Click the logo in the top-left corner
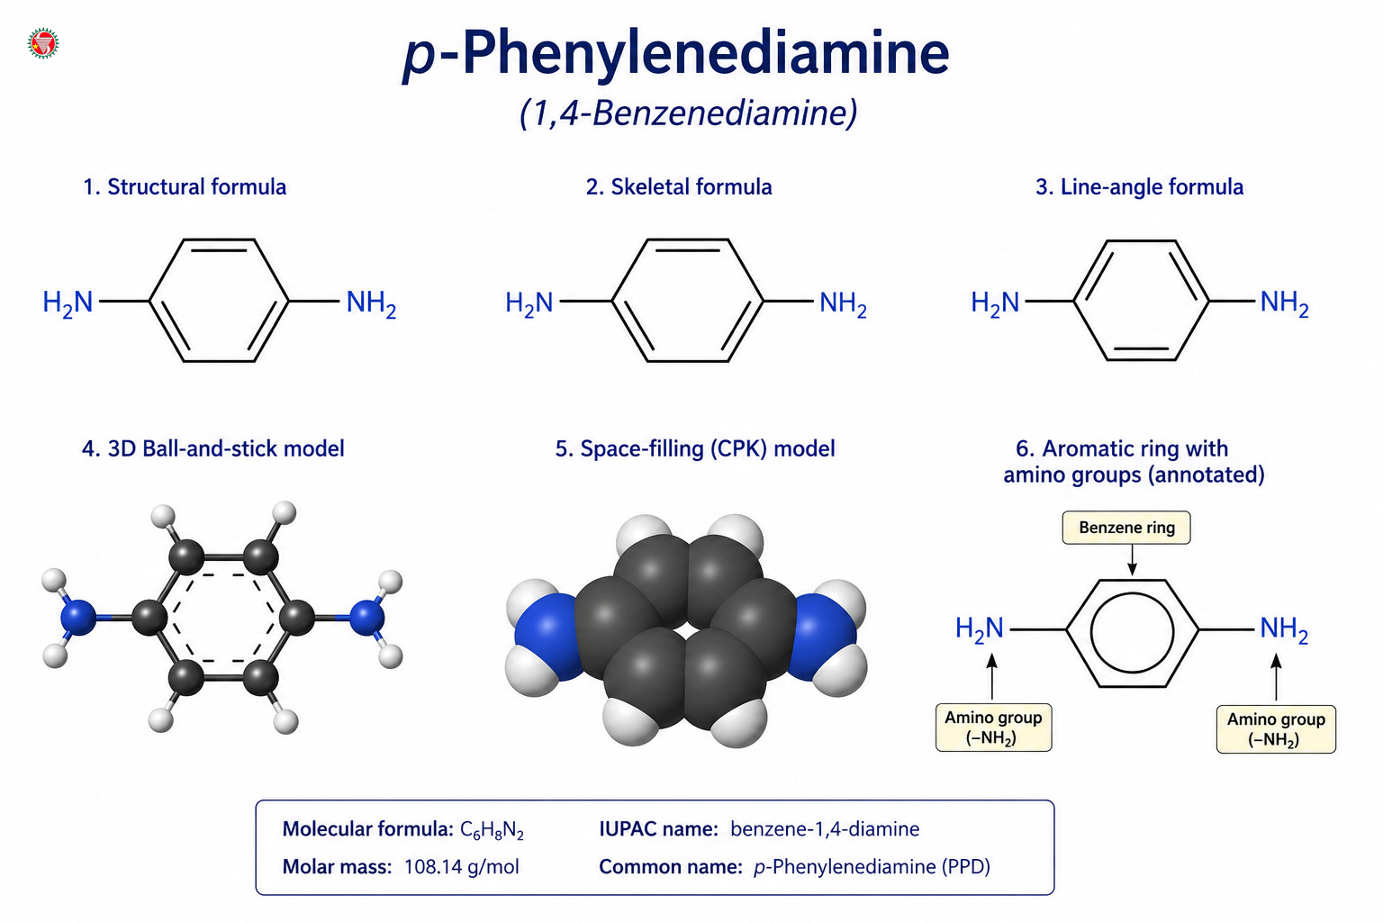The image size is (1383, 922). pos(43,43)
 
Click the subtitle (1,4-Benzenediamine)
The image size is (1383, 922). pos(689,113)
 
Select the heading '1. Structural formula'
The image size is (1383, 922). pos(185,186)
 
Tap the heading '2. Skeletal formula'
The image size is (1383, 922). pos(679,186)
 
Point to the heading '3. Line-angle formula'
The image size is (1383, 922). pos(1139,186)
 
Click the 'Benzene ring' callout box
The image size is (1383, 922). pos(1126,528)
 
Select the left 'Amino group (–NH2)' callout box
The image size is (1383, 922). pos(993,727)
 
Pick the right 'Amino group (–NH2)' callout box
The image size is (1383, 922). pos(1276,728)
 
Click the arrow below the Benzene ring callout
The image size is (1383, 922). pos(1132,559)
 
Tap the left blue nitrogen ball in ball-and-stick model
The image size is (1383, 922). pos(78,618)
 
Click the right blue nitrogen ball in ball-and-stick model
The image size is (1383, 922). pos(367,618)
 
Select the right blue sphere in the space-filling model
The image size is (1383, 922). pos(824,636)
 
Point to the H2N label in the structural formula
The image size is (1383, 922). pos(68,303)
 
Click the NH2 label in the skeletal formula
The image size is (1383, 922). pos(843,303)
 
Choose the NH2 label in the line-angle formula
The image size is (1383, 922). pos(1284,303)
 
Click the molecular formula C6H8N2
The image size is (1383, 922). pos(493,829)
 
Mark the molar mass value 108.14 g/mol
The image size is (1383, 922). pos(461,867)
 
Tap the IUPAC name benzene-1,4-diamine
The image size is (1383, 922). pos(825,828)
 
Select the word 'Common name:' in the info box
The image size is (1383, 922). pos(671,867)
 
